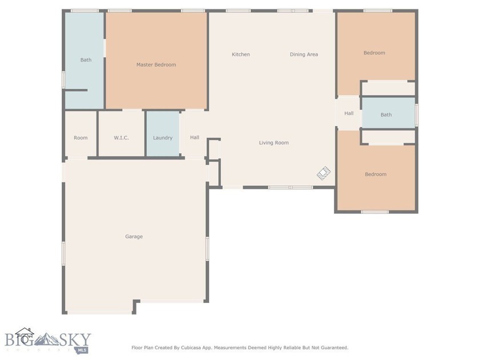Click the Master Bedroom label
[x=156, y=65]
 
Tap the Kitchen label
[x=241, y=54]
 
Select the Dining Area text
[x=304, y=54]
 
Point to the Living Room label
[x=274, y=143]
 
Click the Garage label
[x=134, y=237]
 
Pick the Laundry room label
[x=162, y=138]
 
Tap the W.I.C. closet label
[x=121, y=138]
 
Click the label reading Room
[x=81, y=138]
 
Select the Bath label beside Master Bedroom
[x=86, y=59]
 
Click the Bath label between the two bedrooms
[x=386, y=114]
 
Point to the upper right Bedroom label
[x=374, y=53]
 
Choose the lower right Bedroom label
[x=375, y=174]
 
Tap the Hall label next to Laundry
[x=195, y=138]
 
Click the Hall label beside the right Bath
[x=349, y=113]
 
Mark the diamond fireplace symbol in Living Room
[x=323, y=173]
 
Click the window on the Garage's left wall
[x=63, y=254]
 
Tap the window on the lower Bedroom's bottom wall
[x=375, y=212]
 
